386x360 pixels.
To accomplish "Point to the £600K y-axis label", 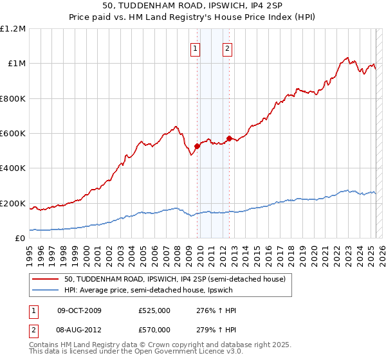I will click(13, 134).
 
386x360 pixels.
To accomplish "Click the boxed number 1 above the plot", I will click(195, 47).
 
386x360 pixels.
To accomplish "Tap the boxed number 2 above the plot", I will click(228, 47).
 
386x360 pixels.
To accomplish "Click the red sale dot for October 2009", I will click(197, 146).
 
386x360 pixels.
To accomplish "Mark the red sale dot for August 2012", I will click(229, 138).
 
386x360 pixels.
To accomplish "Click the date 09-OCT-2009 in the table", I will click(79, 310).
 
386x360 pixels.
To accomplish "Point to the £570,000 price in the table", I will click(154, 330).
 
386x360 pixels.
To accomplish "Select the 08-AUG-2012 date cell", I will click(80, 330).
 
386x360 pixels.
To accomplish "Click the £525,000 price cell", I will click(154, 310).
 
